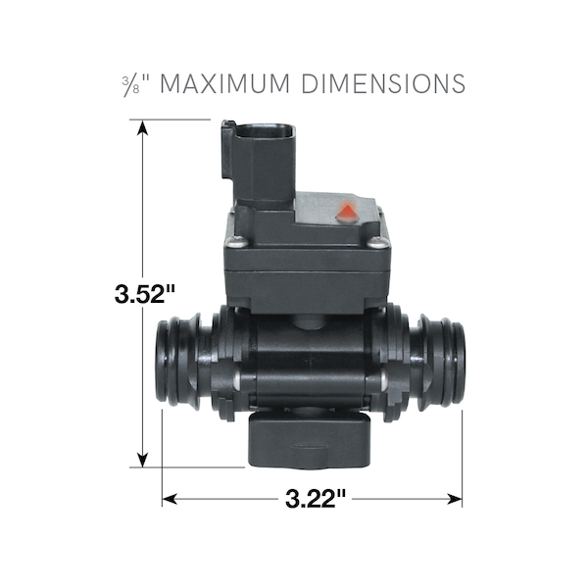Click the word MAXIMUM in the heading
(224, 84)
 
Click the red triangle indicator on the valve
(348, 212)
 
